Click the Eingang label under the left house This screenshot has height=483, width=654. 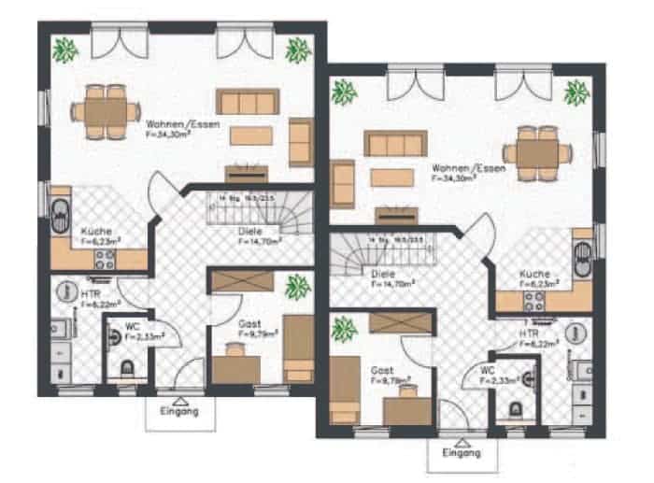coord(179,411)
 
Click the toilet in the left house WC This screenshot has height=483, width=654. coord(128,370)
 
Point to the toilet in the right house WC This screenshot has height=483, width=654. coord(515,408)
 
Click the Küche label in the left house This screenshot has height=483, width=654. coord(95,231)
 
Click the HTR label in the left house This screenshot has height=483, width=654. coord(91,293)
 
